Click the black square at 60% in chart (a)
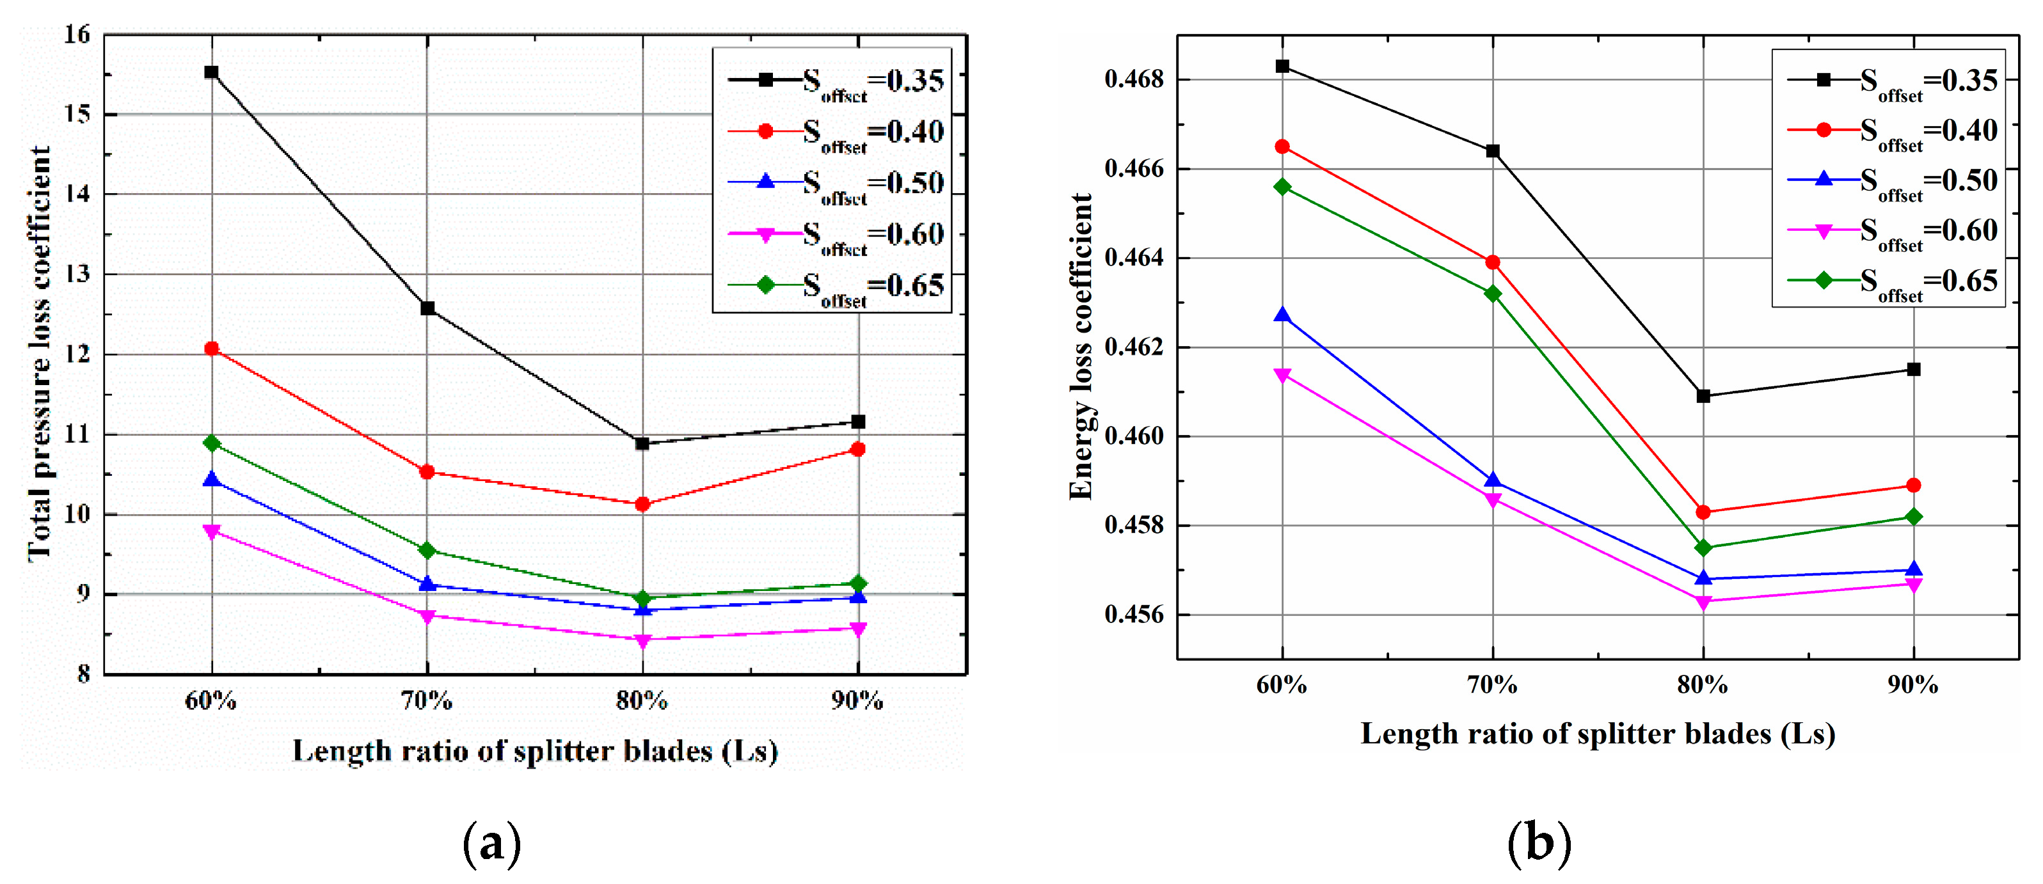pos(211,72)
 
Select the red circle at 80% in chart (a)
pos(642,503)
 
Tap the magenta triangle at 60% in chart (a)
pos(211,531)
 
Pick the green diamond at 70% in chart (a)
pos(427,550)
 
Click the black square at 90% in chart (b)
pos(1913,370)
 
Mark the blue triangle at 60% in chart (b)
pos(1282,315)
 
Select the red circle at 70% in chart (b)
pos(1493,262)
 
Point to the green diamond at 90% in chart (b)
pos(1913,517)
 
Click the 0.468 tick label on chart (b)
pos(1134,79)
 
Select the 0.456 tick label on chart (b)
pos(1134,615)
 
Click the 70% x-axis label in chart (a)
pos(427,701)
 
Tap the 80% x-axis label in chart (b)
pos(1702,685)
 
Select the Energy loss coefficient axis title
pos(1081,347)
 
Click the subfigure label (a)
pos(492,843)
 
